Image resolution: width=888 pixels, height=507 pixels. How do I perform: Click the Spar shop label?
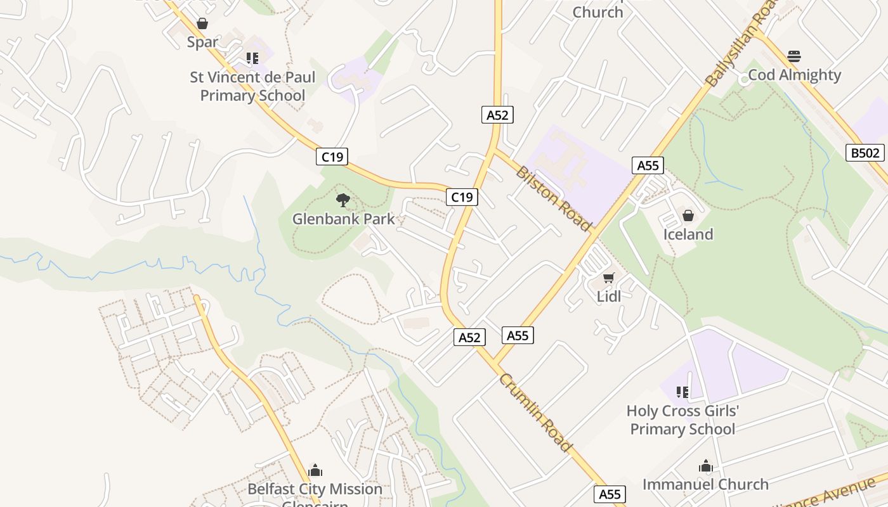[x=202, y=42]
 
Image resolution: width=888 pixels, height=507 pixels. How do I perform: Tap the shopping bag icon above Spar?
[x=202, y=24]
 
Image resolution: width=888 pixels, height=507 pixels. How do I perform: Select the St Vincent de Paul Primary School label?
[x=252, y=86]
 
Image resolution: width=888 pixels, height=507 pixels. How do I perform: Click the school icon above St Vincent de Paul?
[x=252, y=58]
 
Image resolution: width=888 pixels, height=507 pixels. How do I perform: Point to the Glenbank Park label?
[x=343, y=219]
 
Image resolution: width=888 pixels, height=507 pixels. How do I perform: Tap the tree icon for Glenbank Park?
[x=343, y=200]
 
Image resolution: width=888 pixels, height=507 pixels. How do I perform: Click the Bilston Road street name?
[x=554, y=198]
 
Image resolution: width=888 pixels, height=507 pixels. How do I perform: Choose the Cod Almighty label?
[x=794, y=75]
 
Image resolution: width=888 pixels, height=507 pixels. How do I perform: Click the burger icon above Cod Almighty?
[x=794, y=56]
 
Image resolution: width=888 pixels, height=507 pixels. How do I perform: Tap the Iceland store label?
[x=688, y=234]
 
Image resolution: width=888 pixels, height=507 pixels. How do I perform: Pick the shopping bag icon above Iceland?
[x=688, y=216]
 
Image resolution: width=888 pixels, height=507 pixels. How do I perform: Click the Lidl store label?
[x=609, y=296]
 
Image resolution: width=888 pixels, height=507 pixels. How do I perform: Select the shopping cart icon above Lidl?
[x=609, y=278]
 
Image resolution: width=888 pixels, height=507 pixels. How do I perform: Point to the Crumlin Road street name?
[x=536, y=413]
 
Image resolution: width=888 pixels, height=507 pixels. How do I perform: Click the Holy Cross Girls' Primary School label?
[x=682, y=420]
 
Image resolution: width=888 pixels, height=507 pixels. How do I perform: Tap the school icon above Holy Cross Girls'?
[x=682, y=392]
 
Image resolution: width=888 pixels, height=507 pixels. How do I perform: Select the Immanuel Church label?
[x=705, y=485]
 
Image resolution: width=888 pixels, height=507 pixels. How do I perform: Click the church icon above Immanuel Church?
[x=706, y=466]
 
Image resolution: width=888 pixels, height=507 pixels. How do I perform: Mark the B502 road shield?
[x=865, y=153]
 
